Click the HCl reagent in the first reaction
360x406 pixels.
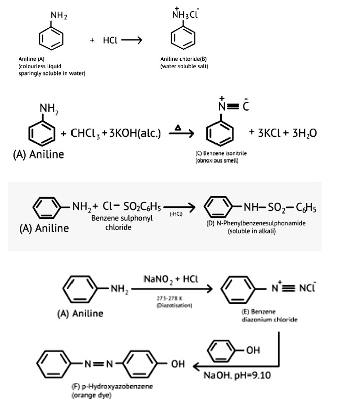pyautogui.click(x=110, y=41)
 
